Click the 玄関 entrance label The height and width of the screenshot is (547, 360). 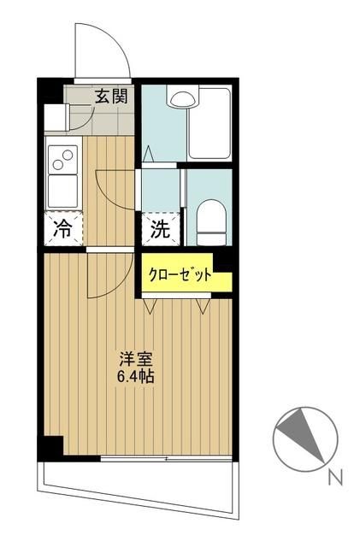coord(111,96)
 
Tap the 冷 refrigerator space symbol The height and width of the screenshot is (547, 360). coord(63,228)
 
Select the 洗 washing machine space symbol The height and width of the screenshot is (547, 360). coord(161,228)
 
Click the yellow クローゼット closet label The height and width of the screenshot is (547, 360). coord(180,276)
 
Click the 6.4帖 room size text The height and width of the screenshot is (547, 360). coord(135,376)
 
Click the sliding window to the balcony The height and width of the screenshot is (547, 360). coord(166,459)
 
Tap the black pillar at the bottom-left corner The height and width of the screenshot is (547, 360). coord(53,446)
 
